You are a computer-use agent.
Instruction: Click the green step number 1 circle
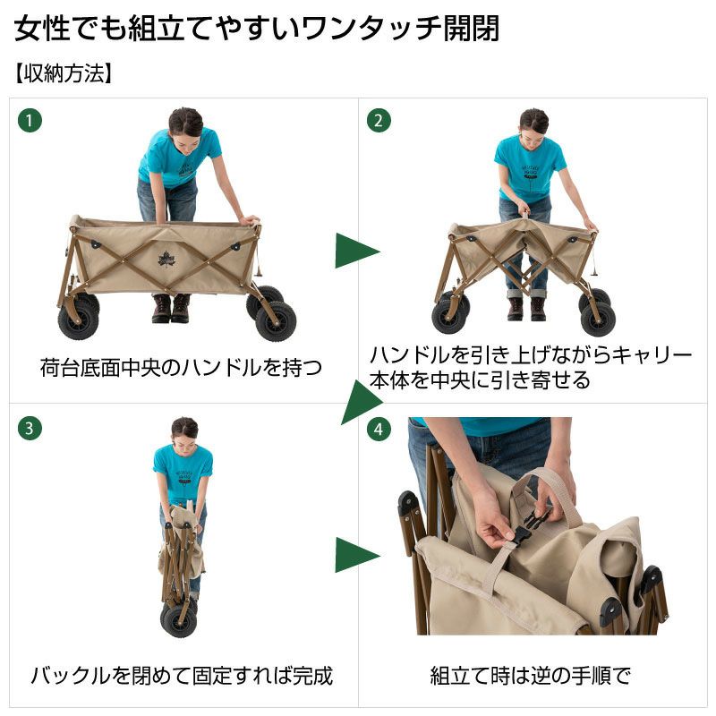point(30,121)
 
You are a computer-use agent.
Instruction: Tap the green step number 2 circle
point(379,121)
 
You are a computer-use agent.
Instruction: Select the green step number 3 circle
point(30,429)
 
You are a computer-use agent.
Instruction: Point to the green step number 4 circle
point(379,429)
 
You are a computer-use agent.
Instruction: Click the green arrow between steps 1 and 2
point(356,251)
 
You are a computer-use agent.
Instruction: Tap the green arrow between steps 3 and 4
point(356,555)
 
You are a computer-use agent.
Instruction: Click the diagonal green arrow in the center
point(361,402)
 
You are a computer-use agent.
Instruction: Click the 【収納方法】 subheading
point(63,73)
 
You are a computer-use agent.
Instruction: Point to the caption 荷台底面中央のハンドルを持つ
point(181,368)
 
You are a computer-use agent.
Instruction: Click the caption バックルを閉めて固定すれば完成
point(182,676)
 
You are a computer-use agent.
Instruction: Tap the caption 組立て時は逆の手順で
point(530,676)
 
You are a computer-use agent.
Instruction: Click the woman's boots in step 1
point(171,309)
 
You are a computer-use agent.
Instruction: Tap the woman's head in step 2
point(533,126)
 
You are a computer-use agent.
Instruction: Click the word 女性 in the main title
point(42,29)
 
